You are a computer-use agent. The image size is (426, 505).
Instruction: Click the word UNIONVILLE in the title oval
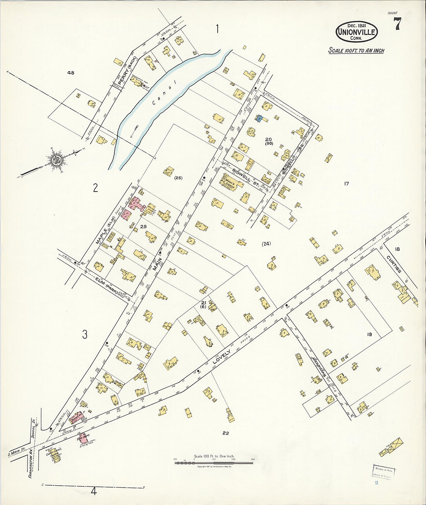click(356, 32)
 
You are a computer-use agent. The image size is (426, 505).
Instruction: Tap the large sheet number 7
click(397, 25)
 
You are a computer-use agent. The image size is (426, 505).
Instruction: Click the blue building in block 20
click(259, 118)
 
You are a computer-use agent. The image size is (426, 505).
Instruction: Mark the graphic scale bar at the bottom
click(214, 462)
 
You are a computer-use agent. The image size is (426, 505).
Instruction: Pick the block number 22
click(225, 433)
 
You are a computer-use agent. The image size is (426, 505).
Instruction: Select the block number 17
click(346, 184)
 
